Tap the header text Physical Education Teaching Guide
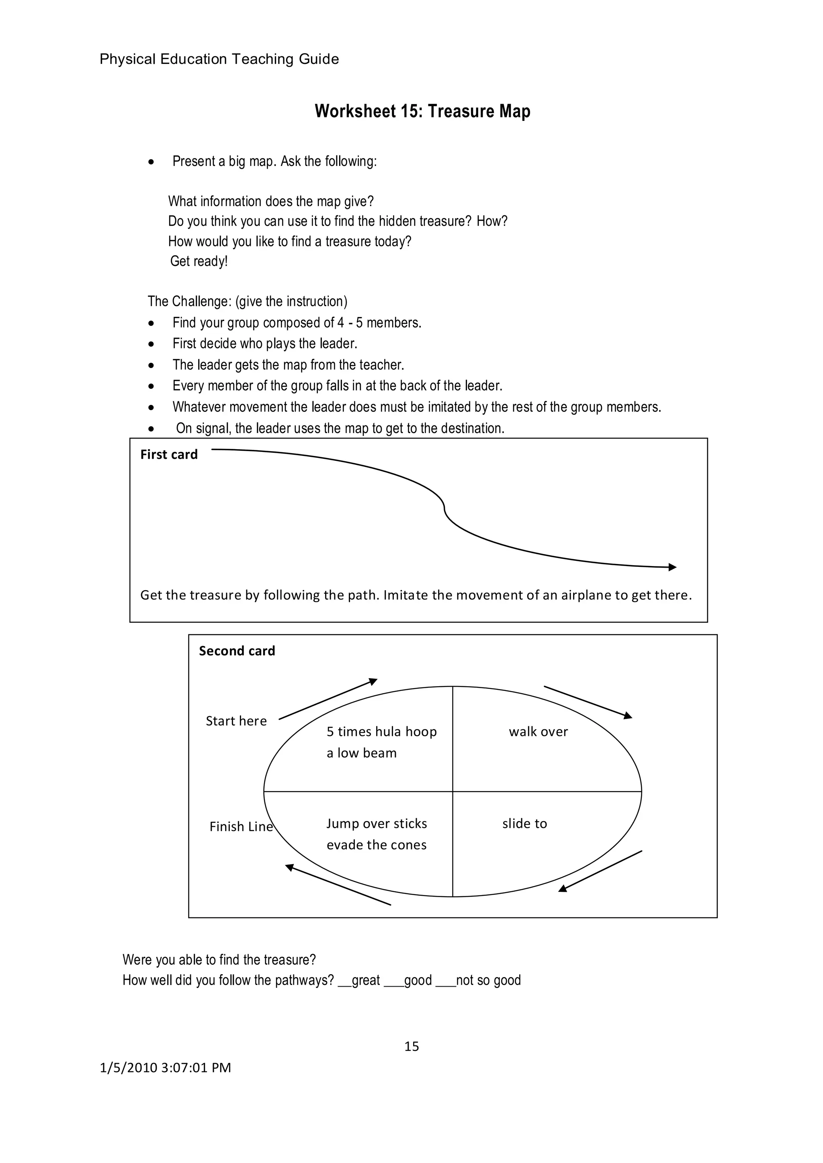[x=219, y=59]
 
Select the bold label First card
[x=169, y=454]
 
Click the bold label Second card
[x=237, y=651]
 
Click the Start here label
[x=236, y=721]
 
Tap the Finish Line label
[x=241, y=827]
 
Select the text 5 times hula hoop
[x=381, y=732]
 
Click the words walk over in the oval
[x=538, y=732]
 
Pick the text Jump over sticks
[x=377, y=824]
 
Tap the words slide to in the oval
[x=524, y=824]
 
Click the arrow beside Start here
[x=328, y=699]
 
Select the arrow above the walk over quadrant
[x=588, y=702]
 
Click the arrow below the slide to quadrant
[x=600, y=871]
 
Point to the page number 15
[x=411, y=1046]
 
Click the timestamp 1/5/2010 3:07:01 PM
[x=165, y=1068]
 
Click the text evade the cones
[x=377, y=845]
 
